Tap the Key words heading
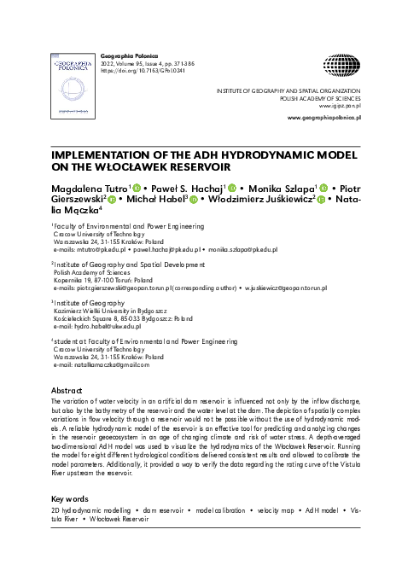coord(71,498)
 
